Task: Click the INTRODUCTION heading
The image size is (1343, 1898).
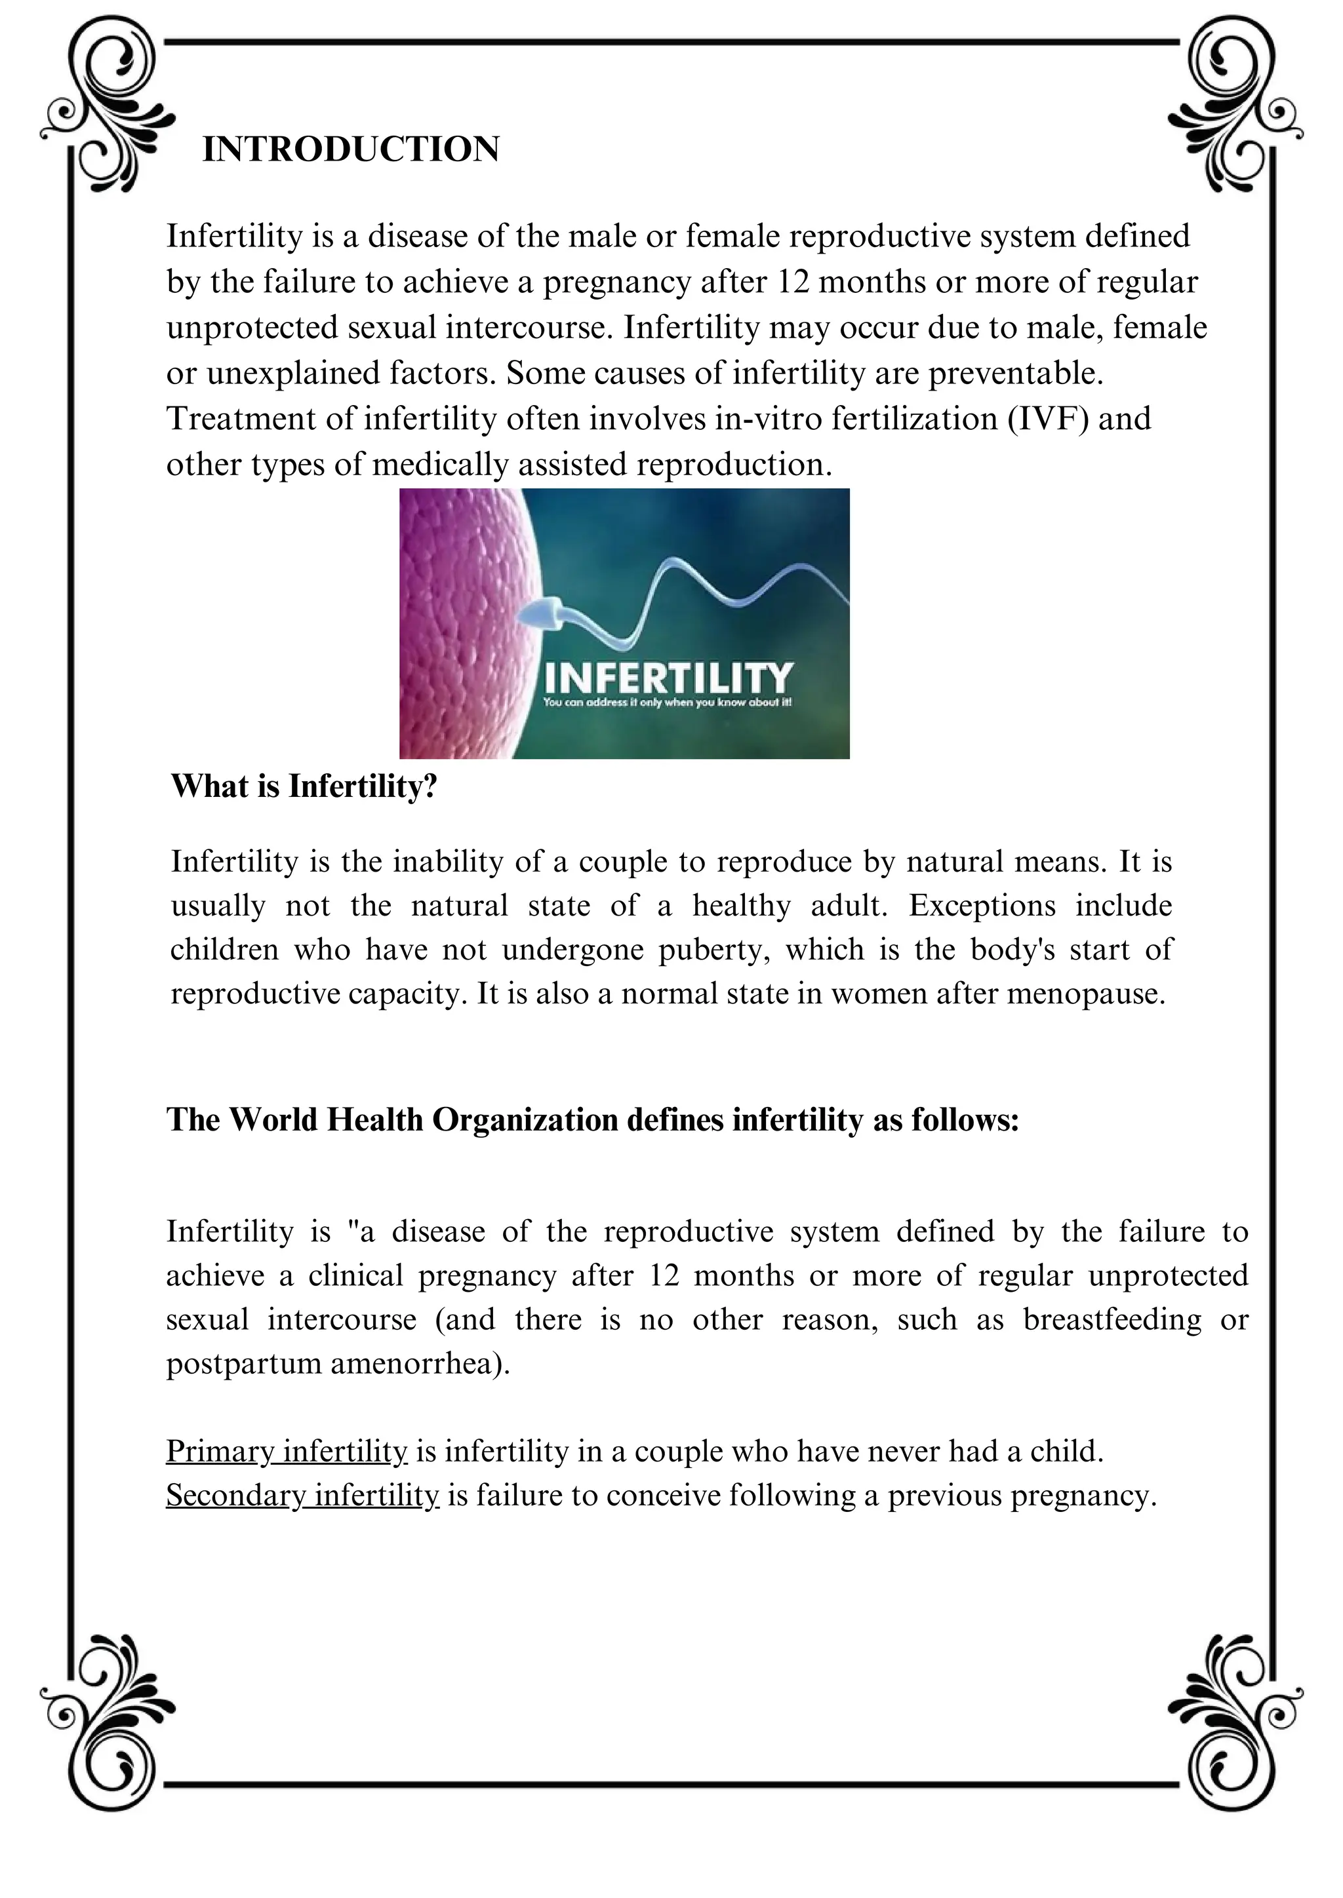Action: point(351,149)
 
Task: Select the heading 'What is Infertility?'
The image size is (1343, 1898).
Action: point(304,786)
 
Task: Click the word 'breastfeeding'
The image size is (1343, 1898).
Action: point(1112,1319)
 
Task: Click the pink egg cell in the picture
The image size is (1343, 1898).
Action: point(459,620)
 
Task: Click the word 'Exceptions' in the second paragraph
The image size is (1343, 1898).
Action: point(982,905)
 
